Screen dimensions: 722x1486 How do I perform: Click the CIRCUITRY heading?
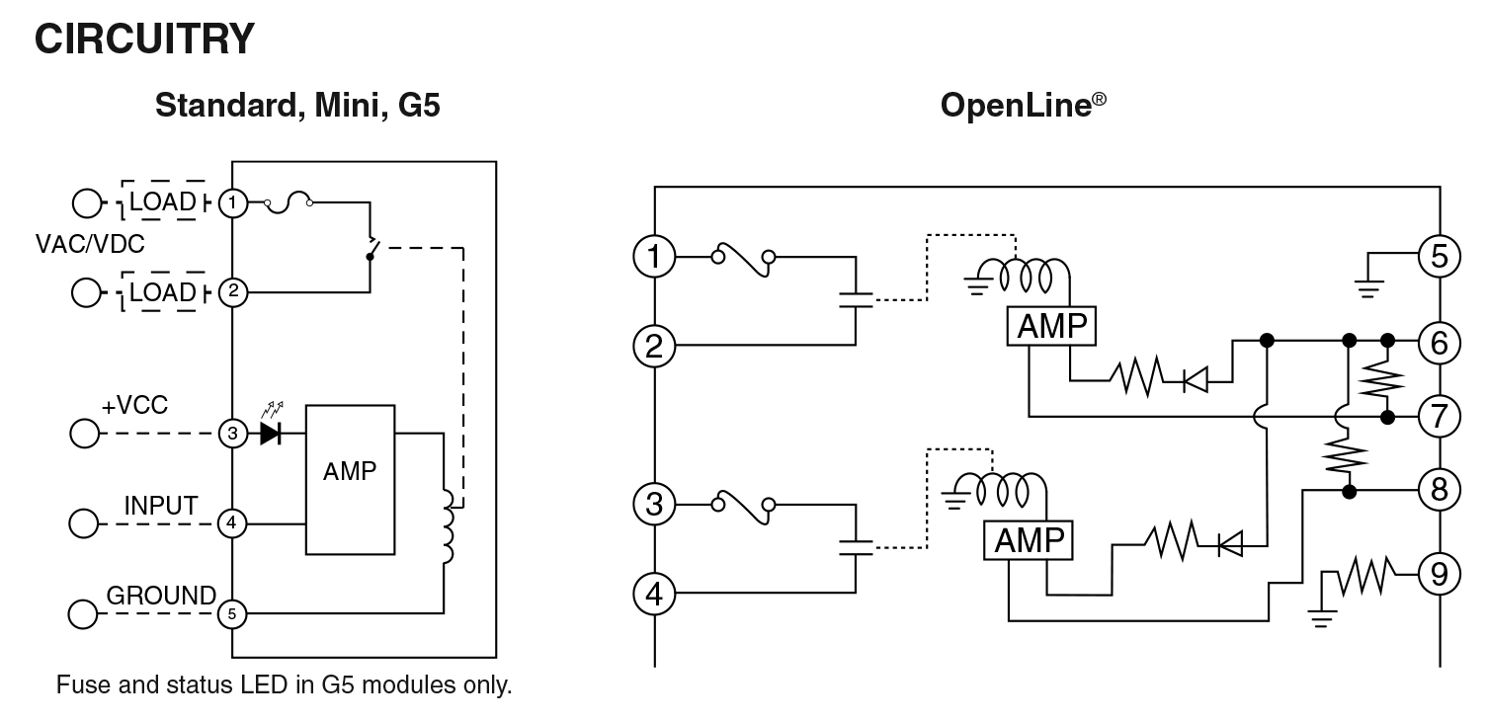coord(144,40)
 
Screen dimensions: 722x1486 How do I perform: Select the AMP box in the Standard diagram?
coord(350,479)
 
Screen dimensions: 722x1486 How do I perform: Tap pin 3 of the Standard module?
coord(232,433)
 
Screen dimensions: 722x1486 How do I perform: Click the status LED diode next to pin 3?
coord(270,433)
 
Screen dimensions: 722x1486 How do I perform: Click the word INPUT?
coord(161,506)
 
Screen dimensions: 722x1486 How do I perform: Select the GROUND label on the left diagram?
coord(161,596)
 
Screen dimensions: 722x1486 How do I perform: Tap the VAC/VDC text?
coord(90,244)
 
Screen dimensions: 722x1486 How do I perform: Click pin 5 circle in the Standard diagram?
coord(232,613)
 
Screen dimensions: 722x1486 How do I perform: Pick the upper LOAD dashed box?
coord(163,202)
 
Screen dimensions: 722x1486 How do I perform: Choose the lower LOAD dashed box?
coord(163,292)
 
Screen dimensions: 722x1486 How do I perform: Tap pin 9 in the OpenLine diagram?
coord(1440,573)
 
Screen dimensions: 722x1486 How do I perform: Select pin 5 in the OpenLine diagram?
coord(1440,256)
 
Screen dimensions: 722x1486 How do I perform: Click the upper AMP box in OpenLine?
coord(1051,327)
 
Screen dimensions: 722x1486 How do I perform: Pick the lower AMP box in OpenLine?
coord(1029,540)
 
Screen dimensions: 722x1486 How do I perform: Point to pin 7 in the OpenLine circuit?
coord(1440,417)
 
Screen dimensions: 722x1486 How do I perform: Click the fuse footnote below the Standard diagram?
coord(285,684)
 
